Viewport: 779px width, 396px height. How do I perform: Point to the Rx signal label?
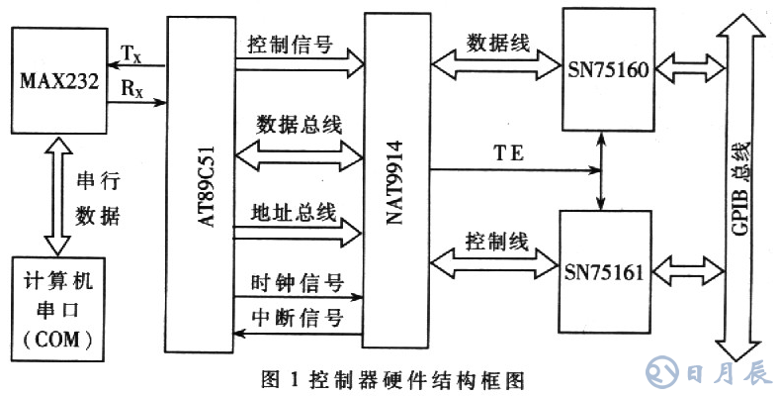coord(130,87)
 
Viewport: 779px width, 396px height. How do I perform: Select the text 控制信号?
coord(293,46)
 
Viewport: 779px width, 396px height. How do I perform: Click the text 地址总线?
coord(294,212)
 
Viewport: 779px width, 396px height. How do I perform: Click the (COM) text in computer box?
coord(59,340)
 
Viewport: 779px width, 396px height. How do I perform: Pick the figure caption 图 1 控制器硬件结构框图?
coord(389,377)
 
